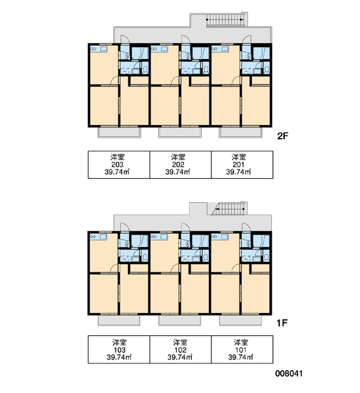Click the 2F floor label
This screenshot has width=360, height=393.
pyautogui.click(x=283, y=136)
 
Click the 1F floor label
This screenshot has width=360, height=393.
pyautogui.click(x=282, y=323)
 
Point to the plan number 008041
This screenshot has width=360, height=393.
pyautogui.click(x=289, y=374)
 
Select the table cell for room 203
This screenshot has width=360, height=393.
pyautogui.click(x=118, y=164)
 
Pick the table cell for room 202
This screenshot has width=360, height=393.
pyautogui.click(x=181, y=164)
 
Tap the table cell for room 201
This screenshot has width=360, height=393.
pyautogui.click(x=242, y=164)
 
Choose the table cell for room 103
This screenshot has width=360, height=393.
pyautogui.click(x=118, y=349)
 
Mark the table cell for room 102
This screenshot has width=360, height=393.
pyautogui.click(x=181, y=349)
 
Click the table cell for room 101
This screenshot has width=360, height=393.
pyautogui.click(x=242, y=349)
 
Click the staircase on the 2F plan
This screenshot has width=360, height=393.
pyautogui.click(x=225, y=20)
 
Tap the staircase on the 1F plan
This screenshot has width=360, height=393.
pyautogui.click(x=228, y=209)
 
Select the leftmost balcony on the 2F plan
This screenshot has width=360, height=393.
pyautogui.click(x=119, y=132)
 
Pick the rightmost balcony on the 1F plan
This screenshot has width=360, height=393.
pyautogui.click(x=240, y=320)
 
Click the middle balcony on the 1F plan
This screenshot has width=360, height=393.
pyautogui.click(x=179, y=320)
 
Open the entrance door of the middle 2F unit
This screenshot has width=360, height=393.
pyautogui.click(x=186, y=39)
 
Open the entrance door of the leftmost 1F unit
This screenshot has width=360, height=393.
pyautogui.click(x=124, y=227)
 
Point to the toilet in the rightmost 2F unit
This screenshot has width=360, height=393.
pyautogui.click(x=266, y=69)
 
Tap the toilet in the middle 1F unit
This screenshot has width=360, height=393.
pyautogui.click(x=206, y=257)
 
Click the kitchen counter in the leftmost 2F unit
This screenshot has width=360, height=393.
pyautogui.click(x=99, y=48)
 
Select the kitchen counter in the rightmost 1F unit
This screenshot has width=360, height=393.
pyautogui.click(x=220, y=236)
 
